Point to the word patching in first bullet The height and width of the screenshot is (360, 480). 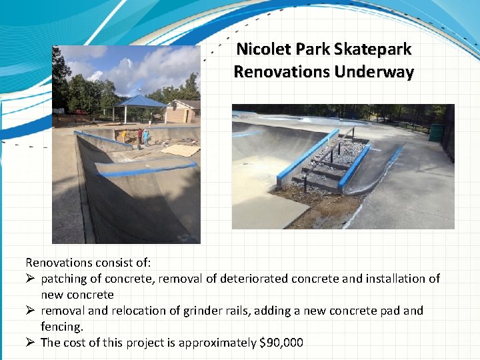64,279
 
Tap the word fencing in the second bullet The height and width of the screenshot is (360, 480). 61,327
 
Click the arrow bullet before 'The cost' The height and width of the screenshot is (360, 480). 31,343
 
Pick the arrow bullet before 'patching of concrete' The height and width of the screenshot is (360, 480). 31,279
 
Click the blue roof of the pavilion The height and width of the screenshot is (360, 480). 140,101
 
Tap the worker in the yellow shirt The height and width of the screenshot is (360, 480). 123,135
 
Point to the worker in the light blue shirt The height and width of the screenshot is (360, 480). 145,137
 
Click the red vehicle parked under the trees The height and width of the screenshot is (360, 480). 80,112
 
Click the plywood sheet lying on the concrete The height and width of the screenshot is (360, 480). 180,150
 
